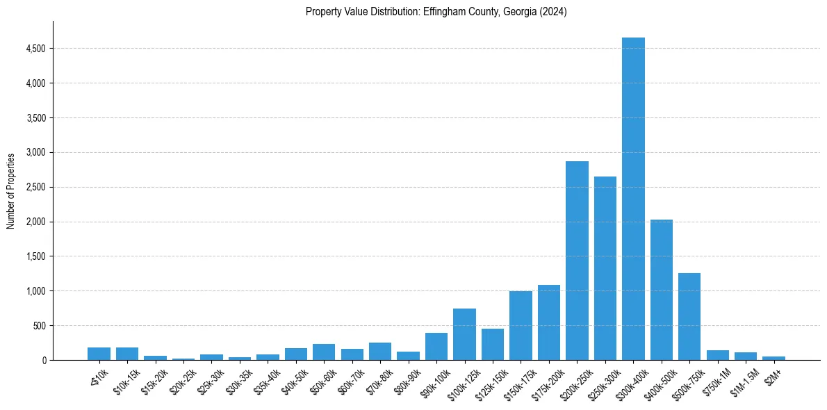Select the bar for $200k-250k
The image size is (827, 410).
[x=577, y=261]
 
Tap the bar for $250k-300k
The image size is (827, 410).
[x=605, y=268]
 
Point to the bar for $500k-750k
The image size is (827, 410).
[x=689, y=316]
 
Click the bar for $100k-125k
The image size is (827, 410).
[x=464, y=334]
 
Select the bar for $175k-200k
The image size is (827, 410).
[x=549, y=322]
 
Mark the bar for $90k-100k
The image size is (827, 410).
[x=436, y=346]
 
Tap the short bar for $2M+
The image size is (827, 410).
[x=773, y=358]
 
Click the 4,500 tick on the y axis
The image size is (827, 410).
[x=37, y=49]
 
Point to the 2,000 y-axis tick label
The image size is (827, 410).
[x=37, y=222]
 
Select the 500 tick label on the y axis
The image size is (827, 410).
[x=40, y=325]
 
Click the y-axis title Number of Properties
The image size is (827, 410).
[x=11, y=190]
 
